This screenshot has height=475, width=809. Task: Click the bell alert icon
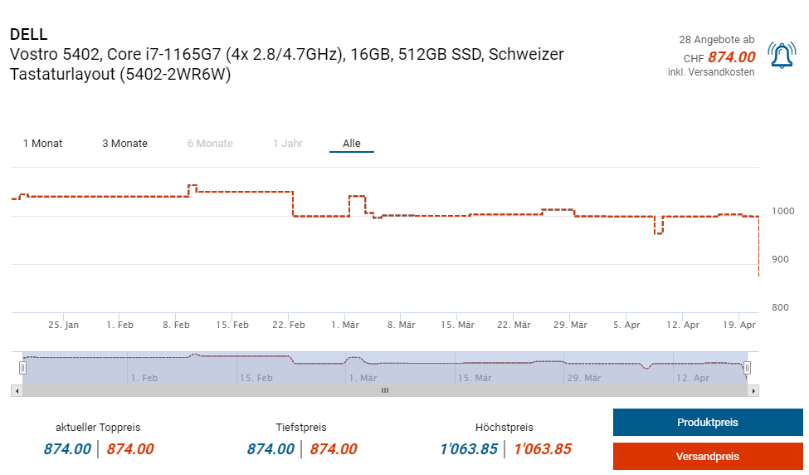tap(782, 55)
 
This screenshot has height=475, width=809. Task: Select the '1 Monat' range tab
tap(42, 144)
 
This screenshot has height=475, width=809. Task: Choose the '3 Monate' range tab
tap(124, 144)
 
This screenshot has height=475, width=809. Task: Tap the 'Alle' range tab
tap(352, 144)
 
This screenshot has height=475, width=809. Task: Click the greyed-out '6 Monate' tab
tap(210, 144)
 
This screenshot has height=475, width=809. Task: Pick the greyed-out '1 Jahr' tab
tap(288, 144)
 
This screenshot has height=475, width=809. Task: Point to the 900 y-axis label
tap(780, 259)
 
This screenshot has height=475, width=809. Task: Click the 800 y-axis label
tap(780, 307)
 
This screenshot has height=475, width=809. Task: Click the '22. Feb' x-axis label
tap(289, 325)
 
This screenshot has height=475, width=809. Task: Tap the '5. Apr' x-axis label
tap(626, 325)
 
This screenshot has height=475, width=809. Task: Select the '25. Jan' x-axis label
tap(63, 325)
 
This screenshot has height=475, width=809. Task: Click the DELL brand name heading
tap(29, 34)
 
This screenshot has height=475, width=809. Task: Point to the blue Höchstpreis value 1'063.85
tap(469, 449)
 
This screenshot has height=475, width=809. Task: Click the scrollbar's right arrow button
tap(753, 390)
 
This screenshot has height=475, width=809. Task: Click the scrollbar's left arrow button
tap(17, 390)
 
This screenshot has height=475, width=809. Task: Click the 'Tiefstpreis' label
tap(301, 428)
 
